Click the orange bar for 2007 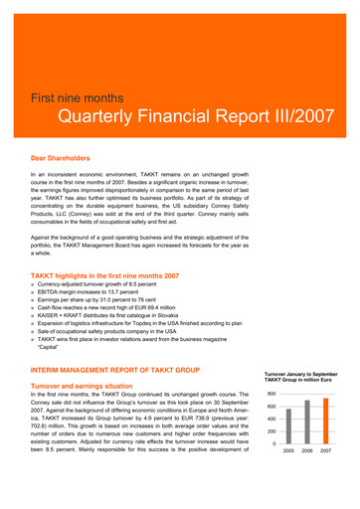click(325, 422)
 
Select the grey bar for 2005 click(289, 426)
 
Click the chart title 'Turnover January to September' click(302, 374)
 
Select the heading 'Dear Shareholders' click(61, 158)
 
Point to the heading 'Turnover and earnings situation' click(90, 384)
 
